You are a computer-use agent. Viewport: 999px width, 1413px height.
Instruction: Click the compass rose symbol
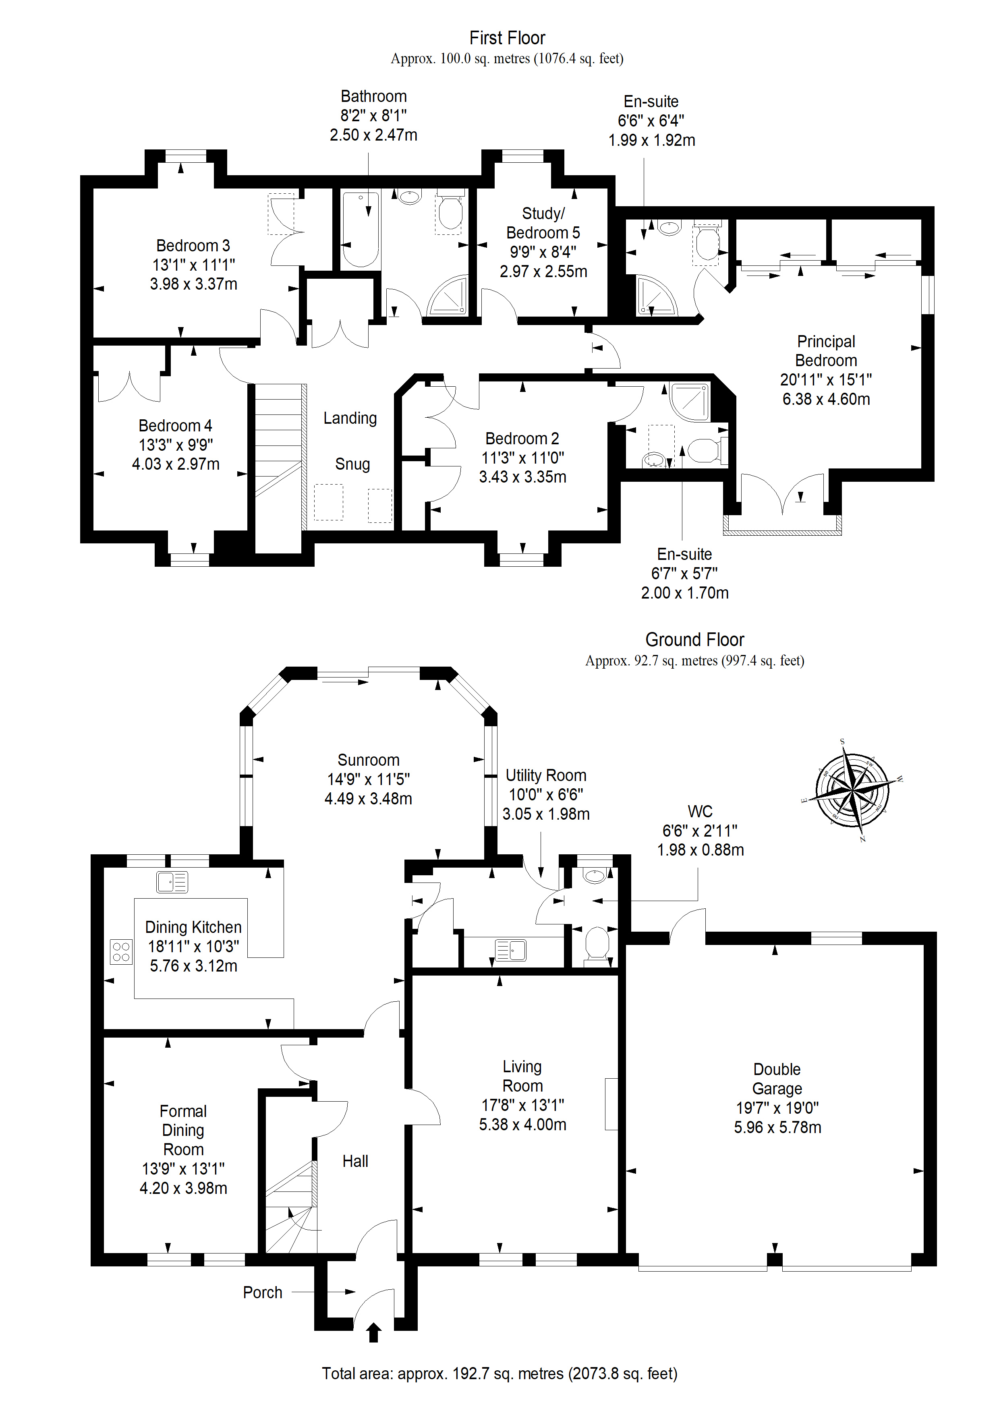(853, 790)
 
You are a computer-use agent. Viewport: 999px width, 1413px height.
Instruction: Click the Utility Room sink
(511, 950)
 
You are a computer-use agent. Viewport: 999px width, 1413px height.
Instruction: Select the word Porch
(263, 1293)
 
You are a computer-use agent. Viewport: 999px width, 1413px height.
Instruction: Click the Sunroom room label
(369, 760)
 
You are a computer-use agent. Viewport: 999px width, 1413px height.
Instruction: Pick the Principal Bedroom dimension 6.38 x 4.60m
(826, 400)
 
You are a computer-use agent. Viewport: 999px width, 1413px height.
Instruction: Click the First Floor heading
(507, 38)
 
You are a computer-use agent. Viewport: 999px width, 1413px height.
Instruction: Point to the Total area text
(499, 1373)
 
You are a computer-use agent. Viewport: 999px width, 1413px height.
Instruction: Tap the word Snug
(352, 464)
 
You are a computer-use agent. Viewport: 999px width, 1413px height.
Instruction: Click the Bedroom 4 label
(175, 426)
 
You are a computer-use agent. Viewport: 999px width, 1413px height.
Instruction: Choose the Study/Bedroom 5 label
(543, 223)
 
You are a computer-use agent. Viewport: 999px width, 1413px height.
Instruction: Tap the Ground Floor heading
(694, 640)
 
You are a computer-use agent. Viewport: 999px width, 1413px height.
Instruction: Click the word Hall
(355, 1161)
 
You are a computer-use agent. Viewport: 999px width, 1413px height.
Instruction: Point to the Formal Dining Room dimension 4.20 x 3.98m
(183, 1188)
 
